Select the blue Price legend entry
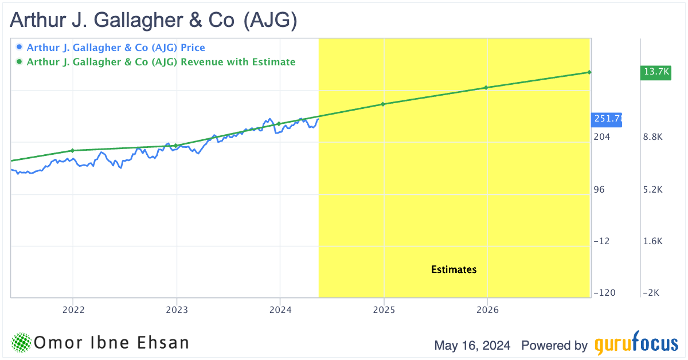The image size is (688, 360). (x=115, y=48)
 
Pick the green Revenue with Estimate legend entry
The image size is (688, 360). (x=161, y=62)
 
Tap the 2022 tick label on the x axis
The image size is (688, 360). (x=73, y=310)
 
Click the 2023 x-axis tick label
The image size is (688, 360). (x=177, y=310)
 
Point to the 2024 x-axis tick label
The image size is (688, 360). (x=280, y=310)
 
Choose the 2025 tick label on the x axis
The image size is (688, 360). (x=384, y=310)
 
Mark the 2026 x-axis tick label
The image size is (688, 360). (x=487, y=310)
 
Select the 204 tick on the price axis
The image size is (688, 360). (x=602, y=137)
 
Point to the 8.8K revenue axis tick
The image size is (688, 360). (x=653, y=137)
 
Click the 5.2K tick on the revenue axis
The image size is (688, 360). (x=653, y=189)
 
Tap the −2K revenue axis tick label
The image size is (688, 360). (x=652, y=293)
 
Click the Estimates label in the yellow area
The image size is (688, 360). (x=454, y=269)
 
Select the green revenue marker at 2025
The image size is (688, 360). (x=383, y=104)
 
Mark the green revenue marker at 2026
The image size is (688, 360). (x=486, y=88)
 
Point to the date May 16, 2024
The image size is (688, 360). (x=473, y=346)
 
